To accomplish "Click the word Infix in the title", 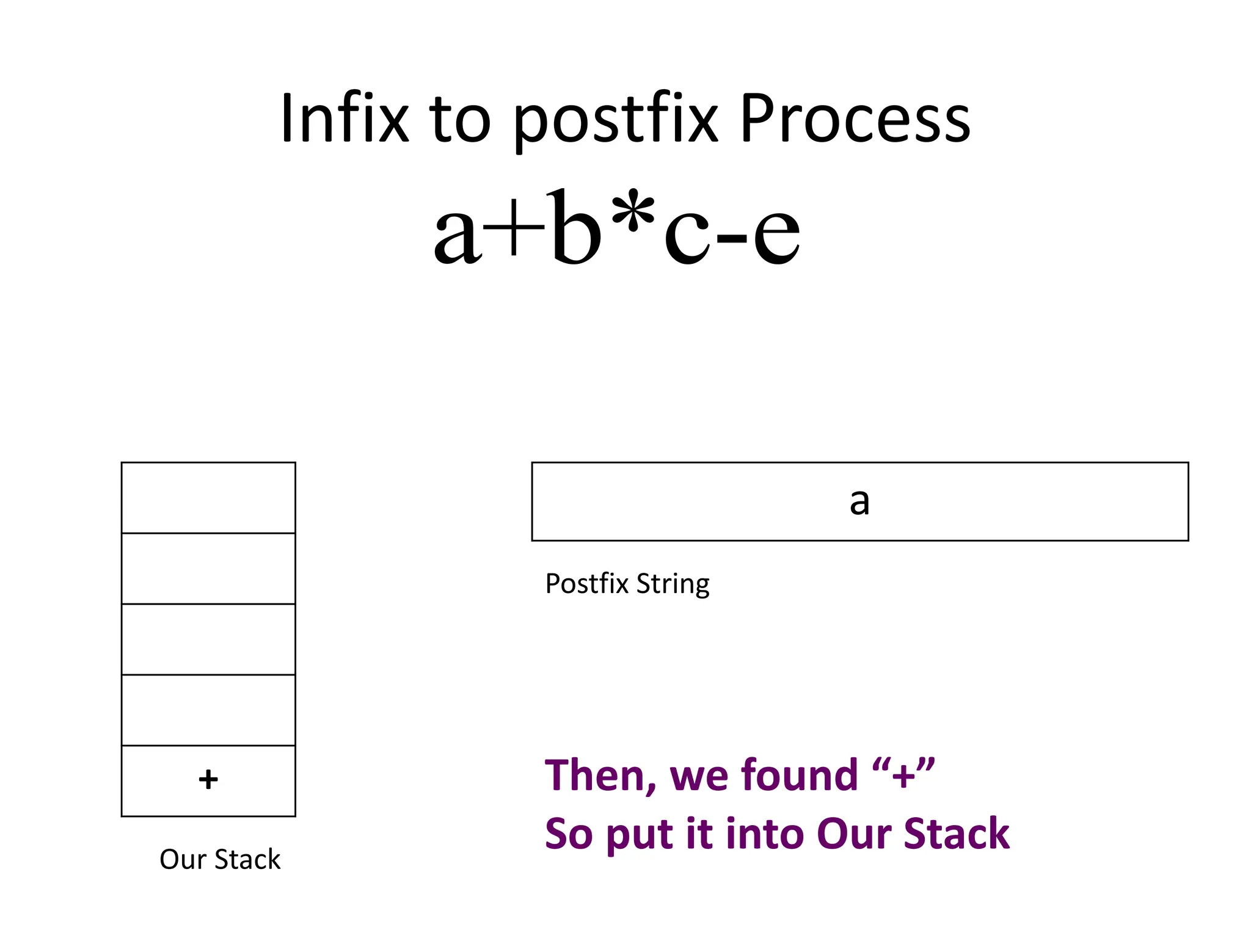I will [344, 118].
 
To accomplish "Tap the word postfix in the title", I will [616, 118].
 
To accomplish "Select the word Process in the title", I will [855, 118].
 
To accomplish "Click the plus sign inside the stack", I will [208, 780].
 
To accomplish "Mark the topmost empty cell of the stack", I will [208, 498].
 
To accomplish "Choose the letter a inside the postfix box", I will [859, 502].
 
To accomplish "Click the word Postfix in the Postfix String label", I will [587, 584].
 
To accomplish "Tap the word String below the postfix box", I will [673, 584].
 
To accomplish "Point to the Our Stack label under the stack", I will [220, 859].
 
